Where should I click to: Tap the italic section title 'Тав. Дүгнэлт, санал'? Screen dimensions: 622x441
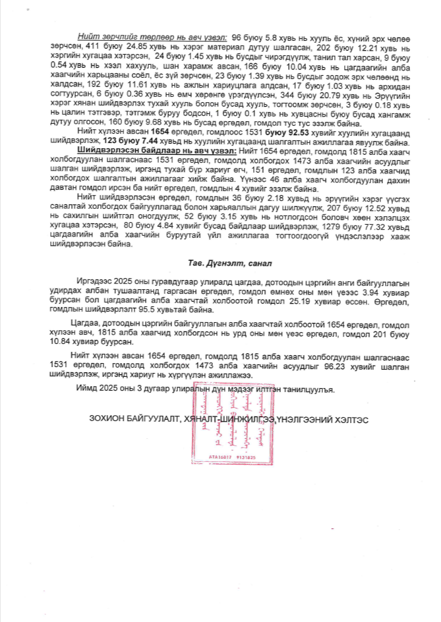[221, 263]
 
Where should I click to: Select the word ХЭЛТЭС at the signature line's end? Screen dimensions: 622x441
[347, 420]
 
